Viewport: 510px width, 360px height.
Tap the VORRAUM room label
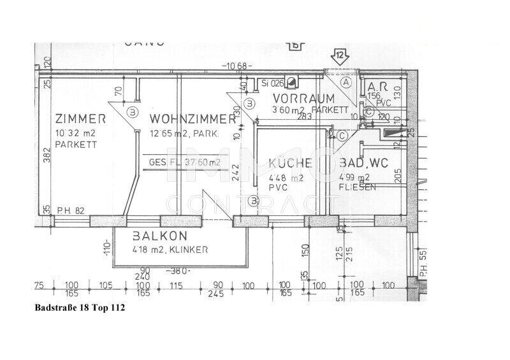point(303,99)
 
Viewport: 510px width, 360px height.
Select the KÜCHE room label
point(290,163)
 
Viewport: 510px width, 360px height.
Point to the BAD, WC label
point(361,164)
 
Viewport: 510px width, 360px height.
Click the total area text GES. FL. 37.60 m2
point(185,162)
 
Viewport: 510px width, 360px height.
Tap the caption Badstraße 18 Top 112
point(80,307)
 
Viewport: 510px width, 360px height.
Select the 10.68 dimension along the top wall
point(237,66)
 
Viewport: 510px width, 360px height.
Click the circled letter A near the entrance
point(346,82)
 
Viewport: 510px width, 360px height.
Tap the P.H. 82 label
point(70,210)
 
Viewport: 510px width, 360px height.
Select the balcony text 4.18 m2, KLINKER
point(169,250)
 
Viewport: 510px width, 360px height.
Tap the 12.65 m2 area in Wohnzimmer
point(176,134)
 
